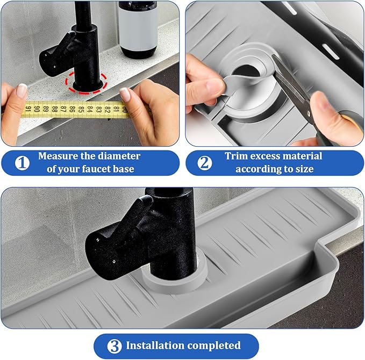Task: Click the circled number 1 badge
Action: pyautogui.click(x=22, y=163)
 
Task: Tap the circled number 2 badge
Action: pyautogui.click(x=205, y=163)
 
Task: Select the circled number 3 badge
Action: pyautogui.click(x=114, y=346)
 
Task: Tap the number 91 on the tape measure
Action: pyautogui.click(x=28, y=109)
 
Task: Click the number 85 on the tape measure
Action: pyautogui.click(x=81, y=109)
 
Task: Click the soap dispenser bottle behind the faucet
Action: pyautogui.click(x=138, y=29)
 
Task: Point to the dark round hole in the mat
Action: pyautogui.click(x=246, y=70)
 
